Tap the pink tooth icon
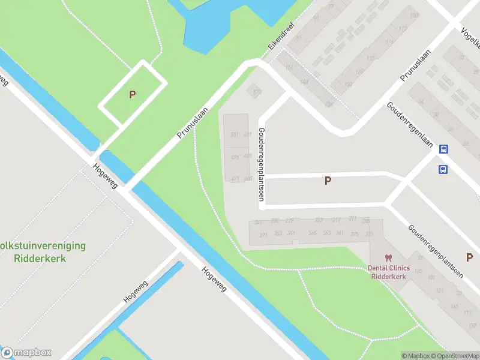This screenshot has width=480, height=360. [x=388, y=258]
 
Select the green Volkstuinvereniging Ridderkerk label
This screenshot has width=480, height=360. [x=42, y=253]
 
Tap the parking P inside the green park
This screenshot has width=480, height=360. [x=132, y=94]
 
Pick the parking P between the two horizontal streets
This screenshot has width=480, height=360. [x=328, y=181]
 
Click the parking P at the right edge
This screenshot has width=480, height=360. [x=469, y=257]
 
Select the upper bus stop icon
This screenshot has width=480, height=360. [x=443, y=149]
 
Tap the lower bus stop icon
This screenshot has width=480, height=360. [x=443, y=169]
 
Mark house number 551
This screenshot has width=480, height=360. [x=235, y=134]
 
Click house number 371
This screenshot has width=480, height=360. [x=263, y=235]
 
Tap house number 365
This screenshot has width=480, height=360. [x=312, y=233]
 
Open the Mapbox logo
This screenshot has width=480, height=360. [x=26, y=353]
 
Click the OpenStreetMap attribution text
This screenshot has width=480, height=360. [x=457, y=356]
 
